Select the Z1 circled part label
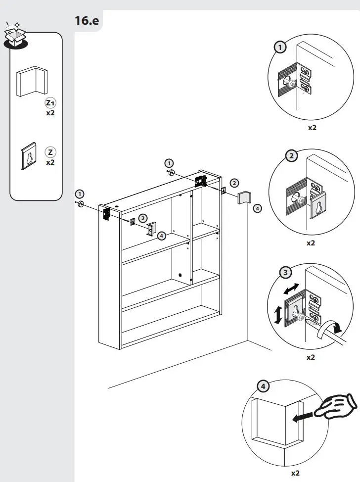(x=50, y=103)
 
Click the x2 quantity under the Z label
(x=50, y=162)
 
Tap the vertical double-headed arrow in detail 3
(x=278, y=315)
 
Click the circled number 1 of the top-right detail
(x=280, y=47)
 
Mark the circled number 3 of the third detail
(x=285, y=272)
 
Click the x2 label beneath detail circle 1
(x=312, y=128)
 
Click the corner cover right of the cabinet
(x=246, y=197)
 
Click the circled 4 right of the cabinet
(x=257, y=208)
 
